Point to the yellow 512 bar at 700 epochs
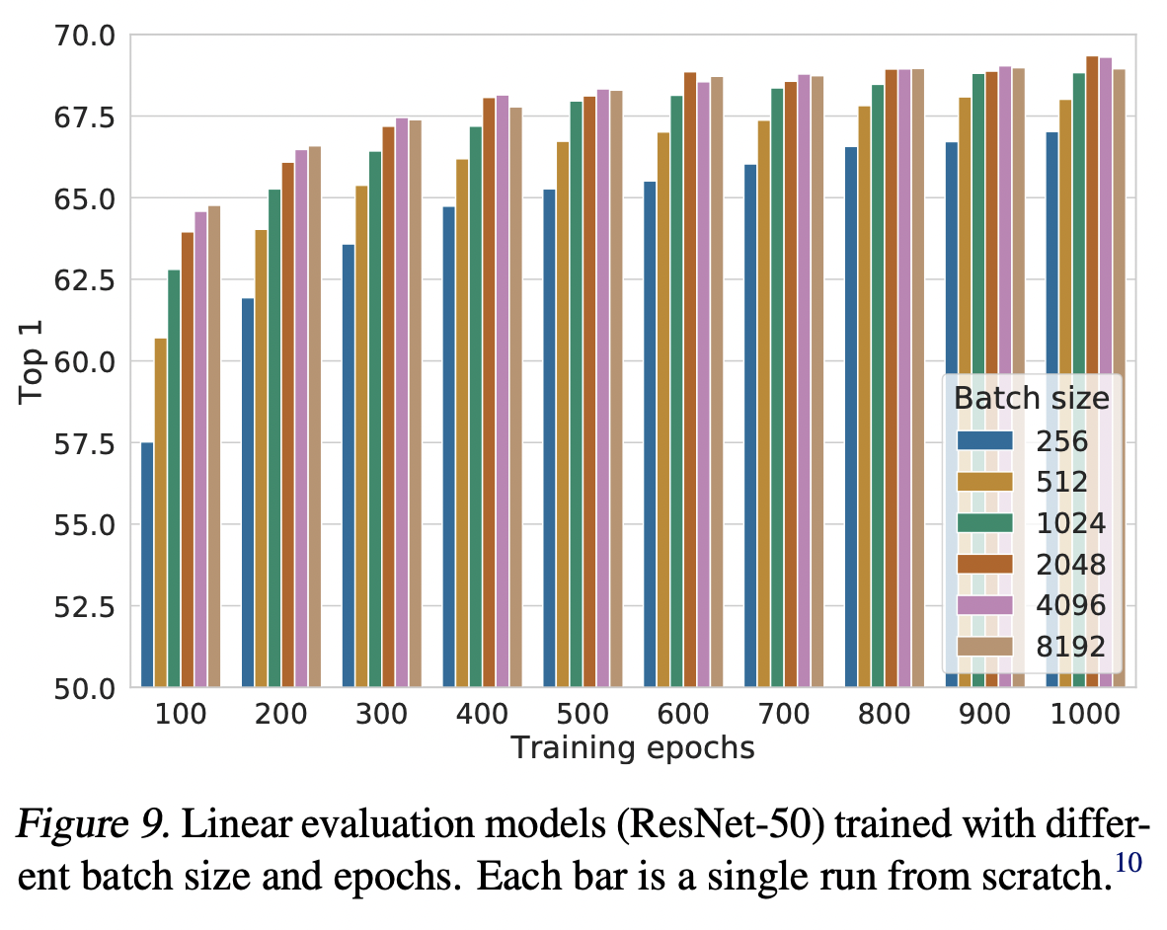[764, 404]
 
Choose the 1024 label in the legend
[1071, 523]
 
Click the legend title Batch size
[1031, 399]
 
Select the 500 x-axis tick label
[583, 714]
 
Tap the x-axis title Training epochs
[632, 748]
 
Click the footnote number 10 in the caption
[1127, 864]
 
